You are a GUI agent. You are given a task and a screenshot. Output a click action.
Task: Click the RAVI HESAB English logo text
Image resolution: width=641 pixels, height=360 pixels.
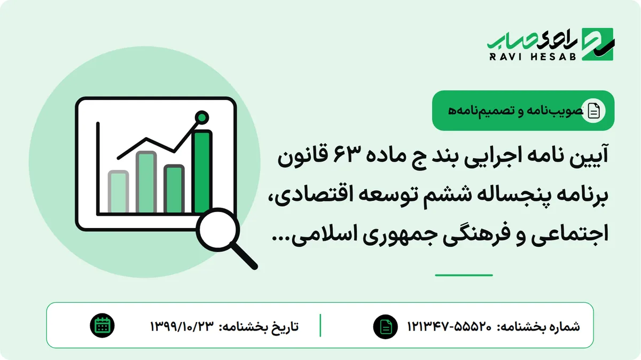coord(533,57)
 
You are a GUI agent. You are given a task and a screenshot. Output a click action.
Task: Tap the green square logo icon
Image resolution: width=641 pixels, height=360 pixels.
coord(598,44)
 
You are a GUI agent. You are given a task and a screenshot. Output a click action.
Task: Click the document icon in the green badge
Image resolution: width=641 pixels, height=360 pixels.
coord(593,111)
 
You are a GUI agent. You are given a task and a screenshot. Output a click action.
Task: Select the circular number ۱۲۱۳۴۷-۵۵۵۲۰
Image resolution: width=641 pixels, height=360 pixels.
coord(449,326)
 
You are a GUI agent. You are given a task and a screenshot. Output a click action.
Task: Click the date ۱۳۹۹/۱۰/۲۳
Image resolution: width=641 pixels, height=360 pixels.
coord(182,326)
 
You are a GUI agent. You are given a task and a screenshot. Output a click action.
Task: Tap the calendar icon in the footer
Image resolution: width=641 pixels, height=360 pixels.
coord(102,325)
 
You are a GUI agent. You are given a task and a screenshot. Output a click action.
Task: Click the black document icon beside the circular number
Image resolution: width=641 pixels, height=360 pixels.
coord(385,326)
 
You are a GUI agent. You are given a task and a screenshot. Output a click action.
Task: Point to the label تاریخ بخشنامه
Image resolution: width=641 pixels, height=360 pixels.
coord(259,326)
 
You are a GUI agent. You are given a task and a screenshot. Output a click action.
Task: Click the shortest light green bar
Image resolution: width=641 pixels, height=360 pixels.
coord(118,191)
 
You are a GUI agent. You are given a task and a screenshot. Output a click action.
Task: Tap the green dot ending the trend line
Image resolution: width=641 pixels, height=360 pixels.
coord(202,118)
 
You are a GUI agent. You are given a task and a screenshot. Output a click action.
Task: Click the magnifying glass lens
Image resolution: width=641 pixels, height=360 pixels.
coord(218,230)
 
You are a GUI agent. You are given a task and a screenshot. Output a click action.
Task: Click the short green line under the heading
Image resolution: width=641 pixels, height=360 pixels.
coord(464,275)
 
